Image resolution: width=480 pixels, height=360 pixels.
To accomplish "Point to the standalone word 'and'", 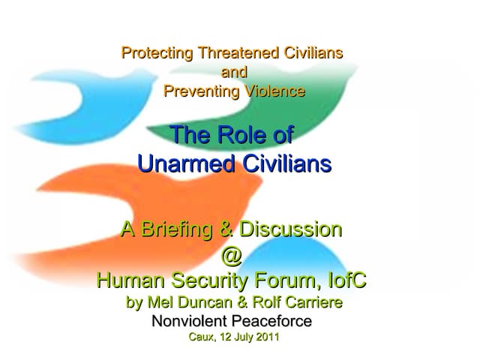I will (234, 73).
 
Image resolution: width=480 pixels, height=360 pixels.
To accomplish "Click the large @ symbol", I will (232, 256).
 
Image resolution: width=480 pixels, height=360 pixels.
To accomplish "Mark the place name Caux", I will (201, 337).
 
